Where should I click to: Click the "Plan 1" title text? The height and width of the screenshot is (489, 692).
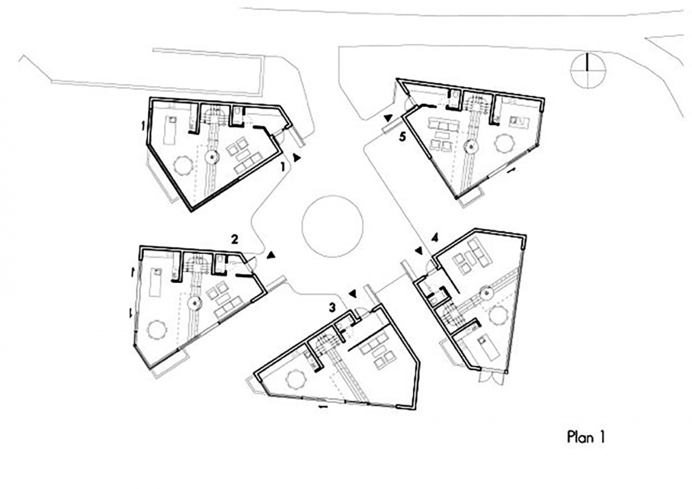pos(586,437)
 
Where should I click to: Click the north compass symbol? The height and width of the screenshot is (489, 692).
pos(587,70)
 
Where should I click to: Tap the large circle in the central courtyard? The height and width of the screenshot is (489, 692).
pos(332,226)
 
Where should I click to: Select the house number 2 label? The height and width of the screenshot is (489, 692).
pos(234,239)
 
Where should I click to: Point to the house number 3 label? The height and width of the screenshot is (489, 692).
pos(332,307)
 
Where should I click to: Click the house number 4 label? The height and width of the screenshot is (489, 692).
pos(435,238)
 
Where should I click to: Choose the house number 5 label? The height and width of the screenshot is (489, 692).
pos(402,136)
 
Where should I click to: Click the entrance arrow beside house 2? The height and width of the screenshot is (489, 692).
pos(270,255)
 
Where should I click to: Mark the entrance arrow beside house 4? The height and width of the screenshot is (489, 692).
pos(418,251)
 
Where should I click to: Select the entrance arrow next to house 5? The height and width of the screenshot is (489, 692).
pos(387,118)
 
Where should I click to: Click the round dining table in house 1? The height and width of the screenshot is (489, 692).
pos(182,165)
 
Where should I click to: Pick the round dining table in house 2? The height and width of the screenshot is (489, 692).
pos(156,330)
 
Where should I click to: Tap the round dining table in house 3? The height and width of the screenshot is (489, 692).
pos(295,378)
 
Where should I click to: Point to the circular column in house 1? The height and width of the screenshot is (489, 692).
pos(212,157)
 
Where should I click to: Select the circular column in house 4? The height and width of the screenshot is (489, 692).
pos(487,292)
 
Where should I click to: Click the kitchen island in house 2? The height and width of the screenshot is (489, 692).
pos(155,282)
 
